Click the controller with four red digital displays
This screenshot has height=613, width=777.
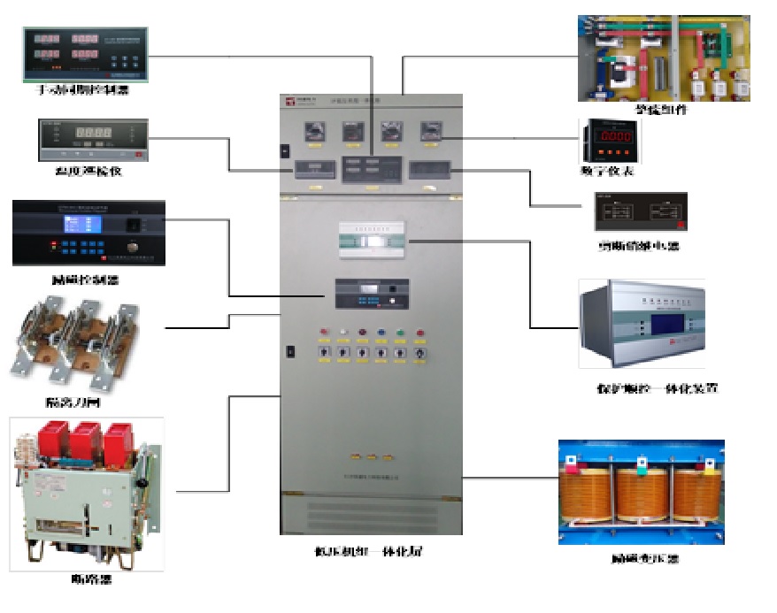pyautogui.click(x=85, y=52)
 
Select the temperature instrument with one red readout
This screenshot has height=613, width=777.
pyautogui.click(x=91, y=139)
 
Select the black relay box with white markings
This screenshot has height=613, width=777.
pyautogui.click(x=640, y=212)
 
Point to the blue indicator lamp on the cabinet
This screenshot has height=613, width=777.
pyautogui.click(x=381, y=333)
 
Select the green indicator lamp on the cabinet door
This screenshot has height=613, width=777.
pyautogui.click(x=400, y=333)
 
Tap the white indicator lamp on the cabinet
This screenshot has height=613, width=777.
pyautogui.click(x=362, y=333)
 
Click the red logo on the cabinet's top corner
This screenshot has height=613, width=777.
pyautogui.click(x=289, y=103)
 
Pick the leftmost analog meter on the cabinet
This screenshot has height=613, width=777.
pyautogui.click(x=311, y=133)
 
